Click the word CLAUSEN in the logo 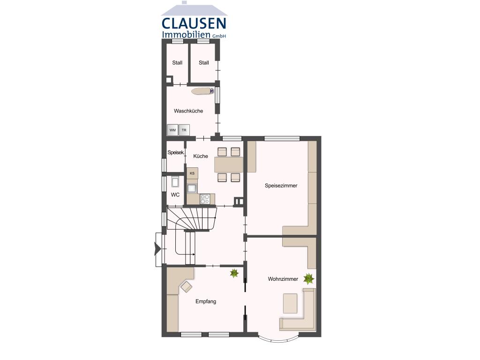tap(194, 23)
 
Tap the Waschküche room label tap(188, 111)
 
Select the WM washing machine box tap(172, 130)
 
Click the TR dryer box tap(184, 130)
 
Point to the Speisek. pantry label tap(176, 152)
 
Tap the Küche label tap(201, 156)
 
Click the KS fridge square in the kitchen tap(192, 173)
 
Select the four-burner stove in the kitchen tap(205, 199)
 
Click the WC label tap(175, 195)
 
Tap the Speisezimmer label tap(281, 186)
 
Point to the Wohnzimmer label tap(283, 279)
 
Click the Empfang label tap(206, 301)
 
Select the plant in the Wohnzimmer tap(308, 279)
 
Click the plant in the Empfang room tap(234, 273)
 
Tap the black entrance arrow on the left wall tap(157, 248)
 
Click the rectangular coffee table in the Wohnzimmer tap(290, 303)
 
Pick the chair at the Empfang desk tap(187, 286)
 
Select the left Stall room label tap(177, 63)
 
